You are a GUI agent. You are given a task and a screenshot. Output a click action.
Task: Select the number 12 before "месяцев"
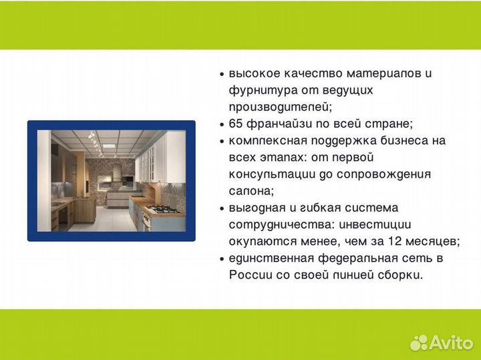pyautogui.click(x=392, y=241)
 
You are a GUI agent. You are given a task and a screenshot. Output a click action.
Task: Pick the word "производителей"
pyautogui.click(x=280, y=107)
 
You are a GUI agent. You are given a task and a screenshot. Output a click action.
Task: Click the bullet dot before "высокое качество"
pyautogui.click(x=222, y=74)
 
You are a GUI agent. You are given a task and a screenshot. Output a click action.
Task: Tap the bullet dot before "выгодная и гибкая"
pyautogui.click(x=222, y=208)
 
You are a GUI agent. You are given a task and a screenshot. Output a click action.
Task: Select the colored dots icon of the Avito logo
pyautogui.click(x=419, y=342)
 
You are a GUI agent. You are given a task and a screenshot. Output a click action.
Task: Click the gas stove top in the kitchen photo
pyautogui.click(x=162, y=210)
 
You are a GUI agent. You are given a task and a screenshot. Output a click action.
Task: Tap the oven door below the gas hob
pyautogui.click(x=146, y=221)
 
